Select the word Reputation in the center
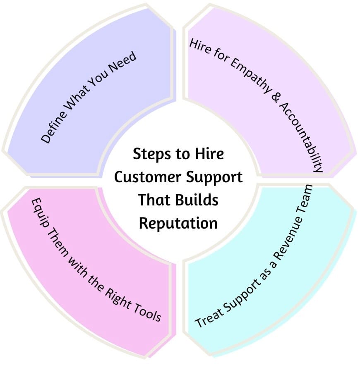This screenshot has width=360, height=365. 178,223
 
